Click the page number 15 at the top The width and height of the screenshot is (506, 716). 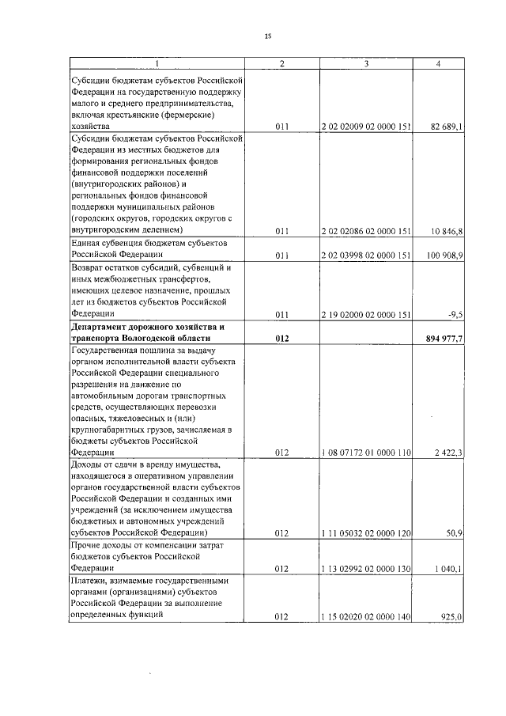[267, 36]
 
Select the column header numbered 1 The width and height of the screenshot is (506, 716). [157, 63]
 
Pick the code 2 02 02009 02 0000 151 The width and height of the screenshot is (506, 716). [366, 126]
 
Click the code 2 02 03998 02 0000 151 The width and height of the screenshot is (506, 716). [366, 256]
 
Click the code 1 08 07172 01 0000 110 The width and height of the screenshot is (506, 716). [366, 453]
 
